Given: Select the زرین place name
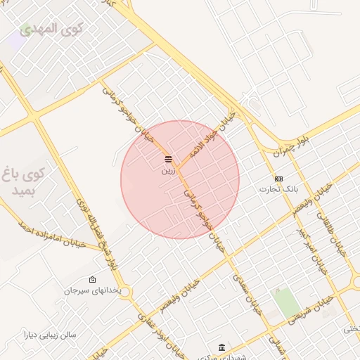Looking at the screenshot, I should (x=168, y=170).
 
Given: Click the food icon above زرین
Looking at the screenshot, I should (x=168, y=157).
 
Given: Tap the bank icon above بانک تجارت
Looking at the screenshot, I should (x=279, y=179).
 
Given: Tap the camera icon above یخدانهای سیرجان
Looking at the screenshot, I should (x=93, y=279).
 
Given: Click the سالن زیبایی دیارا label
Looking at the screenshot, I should (x=49, y=335).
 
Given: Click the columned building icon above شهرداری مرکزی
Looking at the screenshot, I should (x=222, y=348).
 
